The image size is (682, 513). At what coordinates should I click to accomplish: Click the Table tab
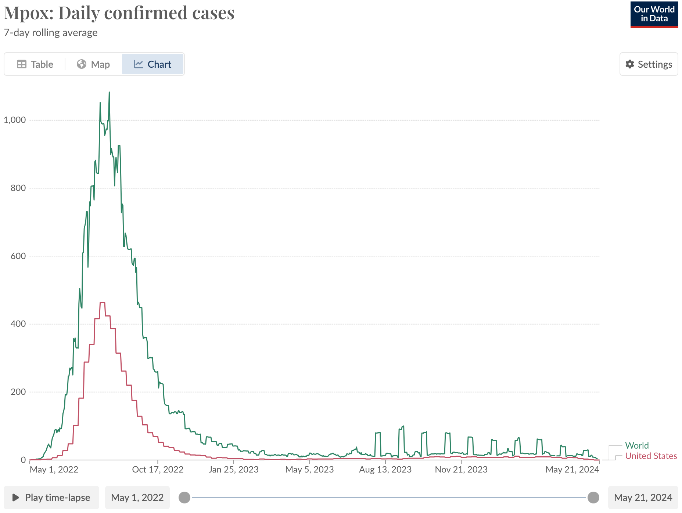pos(35,64)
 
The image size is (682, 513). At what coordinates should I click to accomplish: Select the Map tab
pos(93,64)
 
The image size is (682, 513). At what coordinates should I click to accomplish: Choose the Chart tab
pos(152,64)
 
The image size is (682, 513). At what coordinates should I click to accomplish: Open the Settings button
pos(649,64)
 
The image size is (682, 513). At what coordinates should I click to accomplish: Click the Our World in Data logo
pos(654,14)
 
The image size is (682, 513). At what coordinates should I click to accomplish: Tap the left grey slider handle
pos(184,498)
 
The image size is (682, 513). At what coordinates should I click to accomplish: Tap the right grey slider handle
pos(593,498)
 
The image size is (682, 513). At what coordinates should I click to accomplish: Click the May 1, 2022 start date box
pos(137,498)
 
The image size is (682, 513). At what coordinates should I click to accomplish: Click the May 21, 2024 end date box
pos(643,498)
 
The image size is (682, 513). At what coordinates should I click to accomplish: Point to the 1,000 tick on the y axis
pos(15,120)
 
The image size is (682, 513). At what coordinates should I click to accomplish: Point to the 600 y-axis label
pos(18,256)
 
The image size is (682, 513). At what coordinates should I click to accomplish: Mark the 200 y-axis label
pos(18,392)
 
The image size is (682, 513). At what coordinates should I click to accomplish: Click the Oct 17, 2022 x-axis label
pos(158,470)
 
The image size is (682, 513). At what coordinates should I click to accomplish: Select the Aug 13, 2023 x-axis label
pos(385,470)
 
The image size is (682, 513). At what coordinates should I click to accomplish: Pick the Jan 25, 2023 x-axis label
pos(233,470)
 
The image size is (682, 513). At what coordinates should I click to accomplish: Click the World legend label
pos(637,445)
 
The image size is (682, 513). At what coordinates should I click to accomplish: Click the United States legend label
pos(651,456)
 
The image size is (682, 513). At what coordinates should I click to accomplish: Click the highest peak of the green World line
pos(109,92)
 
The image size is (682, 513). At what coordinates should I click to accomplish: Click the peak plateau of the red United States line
pos(103,303)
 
